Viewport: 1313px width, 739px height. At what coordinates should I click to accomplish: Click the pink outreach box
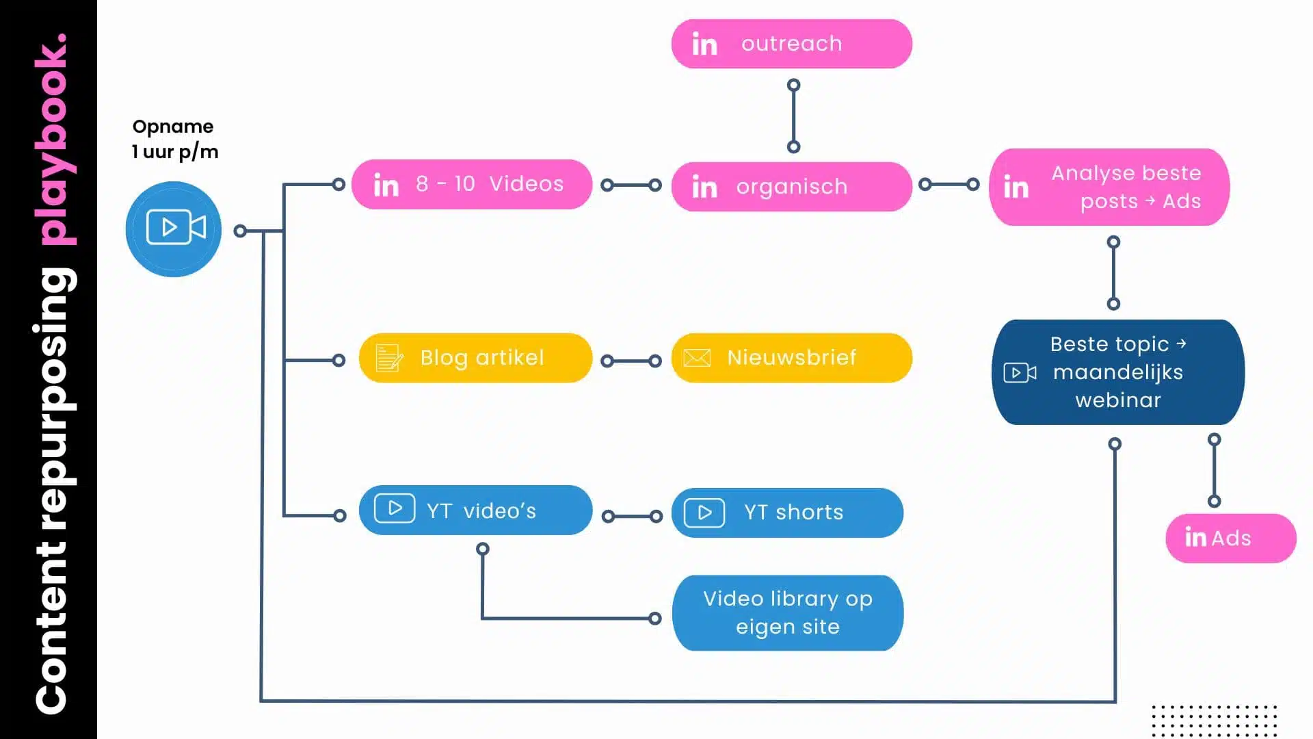[791, 44]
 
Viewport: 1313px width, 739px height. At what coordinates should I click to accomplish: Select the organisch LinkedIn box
[791, 187]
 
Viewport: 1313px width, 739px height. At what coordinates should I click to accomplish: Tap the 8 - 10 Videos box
[471, 184]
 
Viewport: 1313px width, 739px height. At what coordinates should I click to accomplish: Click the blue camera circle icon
[174, 229]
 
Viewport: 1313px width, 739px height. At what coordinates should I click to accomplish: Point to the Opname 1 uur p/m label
[174, 139]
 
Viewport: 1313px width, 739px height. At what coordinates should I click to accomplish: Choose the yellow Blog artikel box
[475, 358]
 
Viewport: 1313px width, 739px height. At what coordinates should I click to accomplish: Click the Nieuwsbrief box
[791, 358]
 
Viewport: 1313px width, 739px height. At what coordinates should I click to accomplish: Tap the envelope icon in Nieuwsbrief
[697, 358]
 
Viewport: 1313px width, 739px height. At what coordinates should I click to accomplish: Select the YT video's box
[475, 510]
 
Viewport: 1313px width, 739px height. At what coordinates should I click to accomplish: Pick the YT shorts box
[787, 513]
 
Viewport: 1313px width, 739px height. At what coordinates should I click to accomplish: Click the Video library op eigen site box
[787, 612]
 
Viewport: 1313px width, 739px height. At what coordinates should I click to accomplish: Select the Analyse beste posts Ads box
[1109, 187]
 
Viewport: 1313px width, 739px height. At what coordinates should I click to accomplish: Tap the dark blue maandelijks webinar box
[1117, 372]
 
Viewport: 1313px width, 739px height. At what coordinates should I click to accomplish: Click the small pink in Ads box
[1230, 539]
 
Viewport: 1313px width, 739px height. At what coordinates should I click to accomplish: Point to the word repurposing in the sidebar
[55, 397]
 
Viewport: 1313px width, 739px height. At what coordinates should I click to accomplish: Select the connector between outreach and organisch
[793, 116]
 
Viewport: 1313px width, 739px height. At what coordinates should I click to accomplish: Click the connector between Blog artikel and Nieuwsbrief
[631, 361]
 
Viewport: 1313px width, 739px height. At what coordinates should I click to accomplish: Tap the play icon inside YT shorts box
[704, 513]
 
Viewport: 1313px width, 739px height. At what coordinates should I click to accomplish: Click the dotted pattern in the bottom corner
[1214, 720]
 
